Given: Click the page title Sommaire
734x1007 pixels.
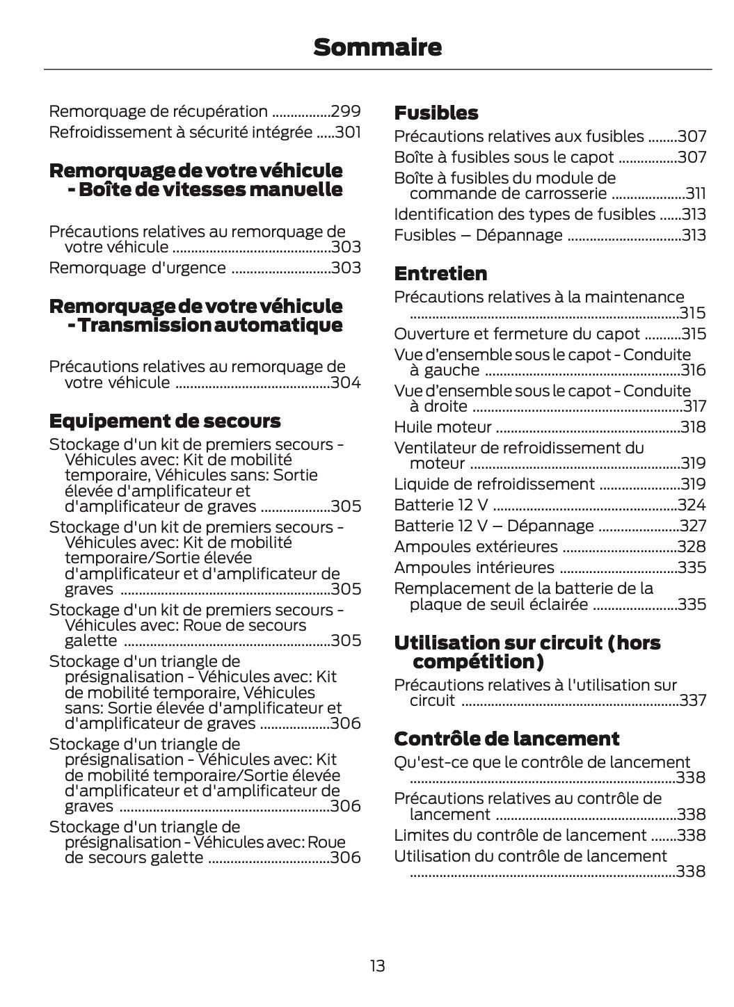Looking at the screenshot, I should pos(377,47).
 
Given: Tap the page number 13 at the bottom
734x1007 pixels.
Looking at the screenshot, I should pos(377,965).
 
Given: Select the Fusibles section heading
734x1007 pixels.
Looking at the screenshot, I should pos(436,113).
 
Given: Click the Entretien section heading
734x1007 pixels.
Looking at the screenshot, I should pos(440,273).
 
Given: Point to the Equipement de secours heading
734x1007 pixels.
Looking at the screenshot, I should pos(165,421).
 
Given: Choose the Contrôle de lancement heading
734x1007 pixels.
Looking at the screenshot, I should pos(506,738).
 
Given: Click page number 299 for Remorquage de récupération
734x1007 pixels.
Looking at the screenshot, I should pos(346,111).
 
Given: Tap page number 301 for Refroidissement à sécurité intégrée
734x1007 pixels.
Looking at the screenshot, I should pos(348,132).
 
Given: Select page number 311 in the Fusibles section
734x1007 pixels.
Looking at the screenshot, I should pos(695,193).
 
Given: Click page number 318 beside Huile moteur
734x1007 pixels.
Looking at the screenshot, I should pos(693,427).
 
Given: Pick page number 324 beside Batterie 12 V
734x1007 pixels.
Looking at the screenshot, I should pos(692,505).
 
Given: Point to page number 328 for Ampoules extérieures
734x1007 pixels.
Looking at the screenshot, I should pos(692,547).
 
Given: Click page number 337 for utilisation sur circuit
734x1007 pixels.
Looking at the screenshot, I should pos(693,700).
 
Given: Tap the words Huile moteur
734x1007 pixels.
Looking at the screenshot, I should pos(442,427).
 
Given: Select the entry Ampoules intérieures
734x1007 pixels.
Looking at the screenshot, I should pos(474,567).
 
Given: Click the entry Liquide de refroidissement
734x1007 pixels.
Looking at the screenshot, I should pos(494,484).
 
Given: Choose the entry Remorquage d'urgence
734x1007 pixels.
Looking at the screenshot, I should pos(137,268).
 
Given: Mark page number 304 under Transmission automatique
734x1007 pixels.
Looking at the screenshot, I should pos(346,382).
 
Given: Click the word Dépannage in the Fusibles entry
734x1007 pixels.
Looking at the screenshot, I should pos(519,235).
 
